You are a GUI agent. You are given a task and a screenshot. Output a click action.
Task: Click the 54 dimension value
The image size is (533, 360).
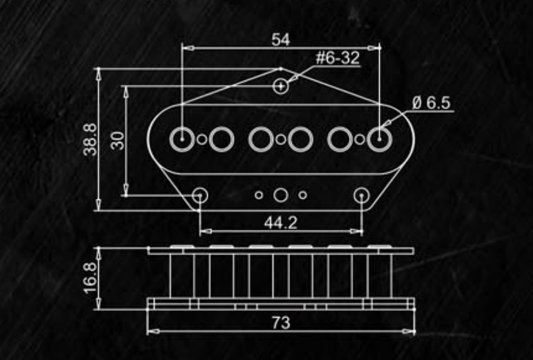coord(280,40)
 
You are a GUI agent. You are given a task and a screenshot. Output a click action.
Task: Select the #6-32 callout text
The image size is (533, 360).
coord(337,58)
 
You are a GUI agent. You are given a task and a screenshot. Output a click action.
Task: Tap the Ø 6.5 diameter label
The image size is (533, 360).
coord(431,103)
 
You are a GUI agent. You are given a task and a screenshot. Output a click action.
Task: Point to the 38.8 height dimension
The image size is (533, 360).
coord(90,139)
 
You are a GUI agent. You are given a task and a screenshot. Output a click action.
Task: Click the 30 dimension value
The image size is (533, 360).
coord(119,141)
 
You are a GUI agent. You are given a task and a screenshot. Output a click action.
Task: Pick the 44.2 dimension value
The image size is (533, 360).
coord(280,222)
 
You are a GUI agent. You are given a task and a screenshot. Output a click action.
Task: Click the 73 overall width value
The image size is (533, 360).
coord(280,322)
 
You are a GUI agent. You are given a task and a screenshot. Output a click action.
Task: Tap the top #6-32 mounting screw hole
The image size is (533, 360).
coord(280,87)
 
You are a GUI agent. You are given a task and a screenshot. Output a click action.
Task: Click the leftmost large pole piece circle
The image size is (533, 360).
coord(182,139)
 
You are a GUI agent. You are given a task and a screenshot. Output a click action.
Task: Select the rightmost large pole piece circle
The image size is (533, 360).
coord(380,139)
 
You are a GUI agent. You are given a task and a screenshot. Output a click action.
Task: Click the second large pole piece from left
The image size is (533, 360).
coord(222,139)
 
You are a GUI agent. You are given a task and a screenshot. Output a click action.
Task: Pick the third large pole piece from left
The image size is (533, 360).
coord(261,139)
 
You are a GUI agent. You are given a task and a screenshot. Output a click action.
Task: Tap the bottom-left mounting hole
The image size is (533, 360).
coord(200,195)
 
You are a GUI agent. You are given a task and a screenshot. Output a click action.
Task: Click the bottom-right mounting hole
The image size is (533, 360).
coord(362,195)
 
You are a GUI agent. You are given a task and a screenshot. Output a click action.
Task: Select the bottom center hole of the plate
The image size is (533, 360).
coord(280,195)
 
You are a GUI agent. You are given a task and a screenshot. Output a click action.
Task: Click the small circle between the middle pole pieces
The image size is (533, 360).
coord(280,140)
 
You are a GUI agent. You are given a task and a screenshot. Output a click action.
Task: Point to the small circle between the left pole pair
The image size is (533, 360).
coord(202,140)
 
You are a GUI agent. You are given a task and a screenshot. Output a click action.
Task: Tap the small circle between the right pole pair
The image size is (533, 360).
coord(360,140)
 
